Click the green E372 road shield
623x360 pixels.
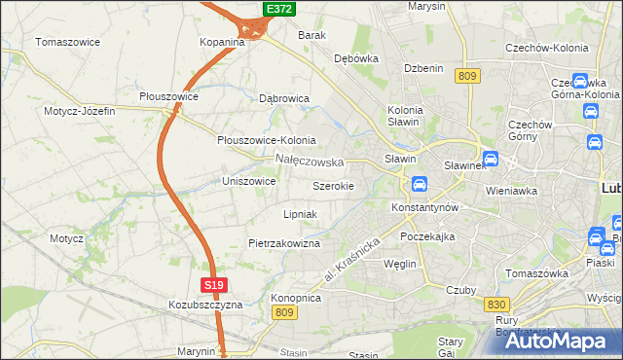(279, 9)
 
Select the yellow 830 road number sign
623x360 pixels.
(495, 305)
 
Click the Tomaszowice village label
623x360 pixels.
(70, 42)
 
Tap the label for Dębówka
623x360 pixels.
(356, 58)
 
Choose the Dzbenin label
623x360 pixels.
(424, 68)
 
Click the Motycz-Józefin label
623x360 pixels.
(79, 111)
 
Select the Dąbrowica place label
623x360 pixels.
(284, 98)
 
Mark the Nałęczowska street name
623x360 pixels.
(310, 161)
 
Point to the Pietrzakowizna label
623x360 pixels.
(284, 243)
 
